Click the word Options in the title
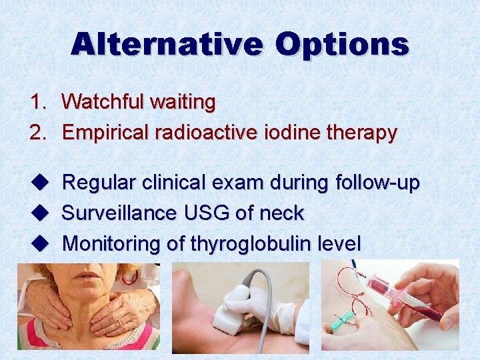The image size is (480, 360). (341, 45)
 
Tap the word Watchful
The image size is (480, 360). (103, 102)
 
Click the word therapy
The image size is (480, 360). (361, 133)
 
